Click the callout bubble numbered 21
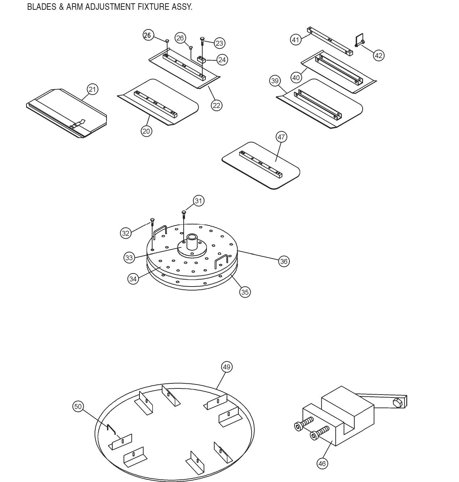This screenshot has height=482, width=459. coord(93,89)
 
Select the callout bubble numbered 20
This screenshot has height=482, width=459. coord(146,131)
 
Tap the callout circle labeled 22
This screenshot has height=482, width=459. coord(216,105)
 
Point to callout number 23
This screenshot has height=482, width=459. coord(219,43)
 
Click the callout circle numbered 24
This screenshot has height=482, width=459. coord(222,59)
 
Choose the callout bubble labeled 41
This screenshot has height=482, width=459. coord(296,39)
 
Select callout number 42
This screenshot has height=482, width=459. coord(378,55)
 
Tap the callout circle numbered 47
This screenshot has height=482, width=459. coord(281,137)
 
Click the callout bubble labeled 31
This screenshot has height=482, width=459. coord(199,201)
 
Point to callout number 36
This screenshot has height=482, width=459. coord(284,261)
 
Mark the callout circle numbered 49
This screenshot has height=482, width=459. coord(226,367)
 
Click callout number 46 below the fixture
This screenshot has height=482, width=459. coord(322,463)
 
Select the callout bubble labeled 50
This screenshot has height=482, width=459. coord(78,406)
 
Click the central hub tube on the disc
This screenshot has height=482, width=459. coord(192,242)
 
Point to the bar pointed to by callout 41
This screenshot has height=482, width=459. coord(330,41)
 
